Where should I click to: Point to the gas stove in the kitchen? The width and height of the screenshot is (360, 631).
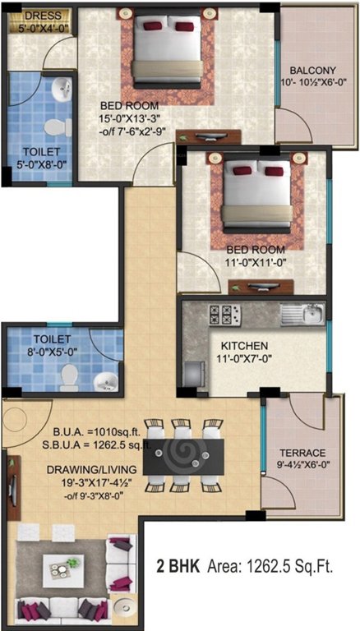[224, 313]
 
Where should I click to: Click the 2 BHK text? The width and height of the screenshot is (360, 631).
[175, 567]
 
